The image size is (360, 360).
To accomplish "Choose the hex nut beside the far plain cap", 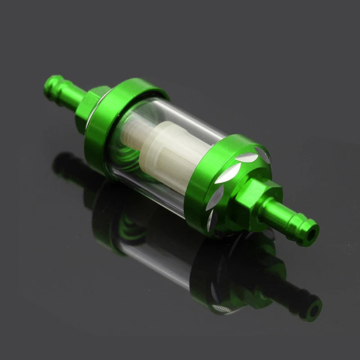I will [x=88, y=108].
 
